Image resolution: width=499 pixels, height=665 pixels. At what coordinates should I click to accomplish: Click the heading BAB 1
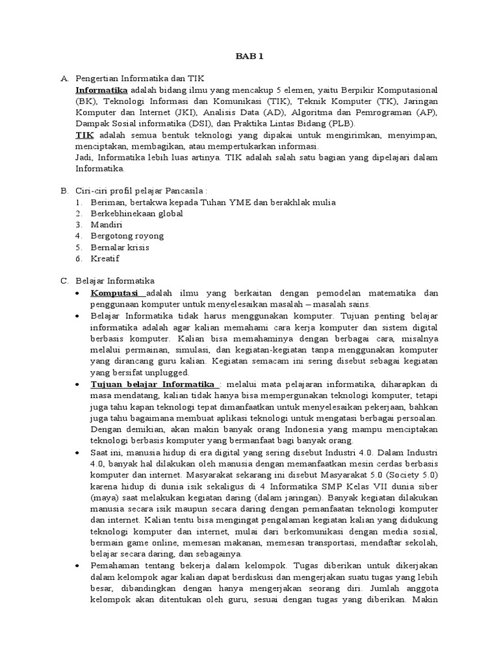249,56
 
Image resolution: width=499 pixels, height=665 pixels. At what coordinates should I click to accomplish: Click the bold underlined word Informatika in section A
101,90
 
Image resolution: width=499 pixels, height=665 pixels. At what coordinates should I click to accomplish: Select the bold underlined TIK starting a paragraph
84,134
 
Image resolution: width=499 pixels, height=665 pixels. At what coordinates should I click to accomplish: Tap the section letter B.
64,191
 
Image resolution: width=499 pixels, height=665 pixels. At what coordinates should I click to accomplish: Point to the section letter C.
64,281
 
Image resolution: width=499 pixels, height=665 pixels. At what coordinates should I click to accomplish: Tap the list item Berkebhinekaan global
136,213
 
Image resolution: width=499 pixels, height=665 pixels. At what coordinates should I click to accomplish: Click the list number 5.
77,247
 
